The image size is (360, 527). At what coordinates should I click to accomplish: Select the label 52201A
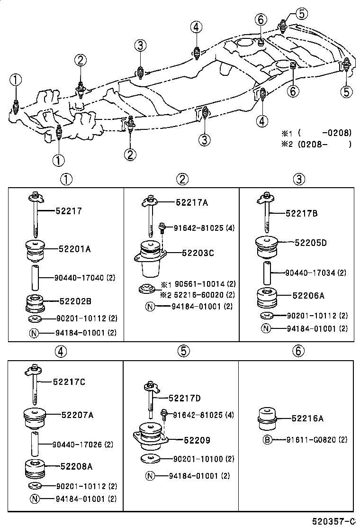[x=75, y=248]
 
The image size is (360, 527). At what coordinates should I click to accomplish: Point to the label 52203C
[x=198, y=253]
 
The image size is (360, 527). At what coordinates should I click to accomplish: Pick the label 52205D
[x=311, y=243]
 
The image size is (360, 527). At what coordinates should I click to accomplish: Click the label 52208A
[x=76, y=466]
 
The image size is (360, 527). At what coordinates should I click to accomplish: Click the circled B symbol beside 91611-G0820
[x=267, y=440]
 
